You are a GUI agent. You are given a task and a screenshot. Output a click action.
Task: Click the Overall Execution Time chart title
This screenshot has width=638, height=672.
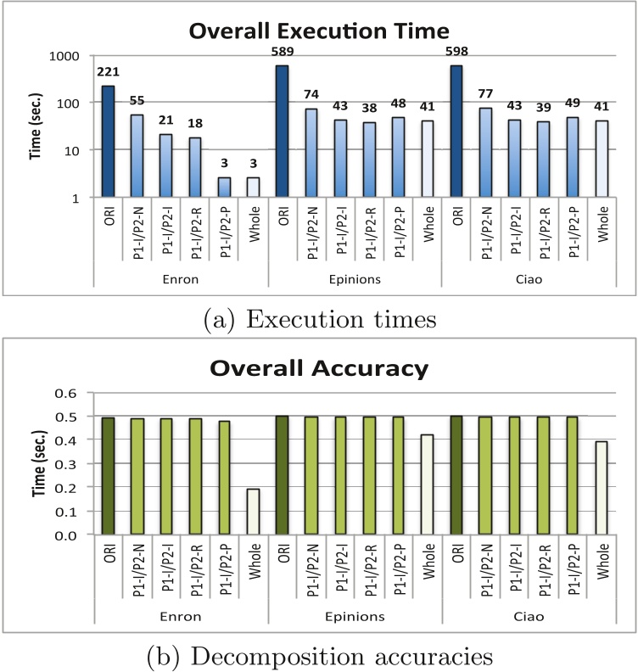point(319,31)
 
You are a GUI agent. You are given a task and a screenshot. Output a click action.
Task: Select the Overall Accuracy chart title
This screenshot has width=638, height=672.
point(319,371)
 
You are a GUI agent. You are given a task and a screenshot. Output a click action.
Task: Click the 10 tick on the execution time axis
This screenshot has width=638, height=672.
point(71,150)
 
